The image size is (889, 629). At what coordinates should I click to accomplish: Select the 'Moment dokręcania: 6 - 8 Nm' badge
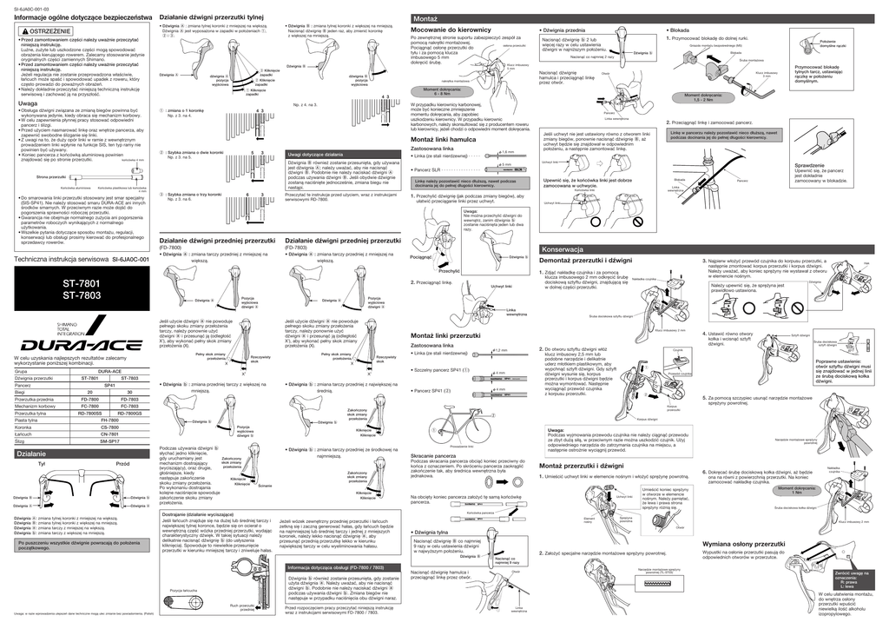pos(442,90)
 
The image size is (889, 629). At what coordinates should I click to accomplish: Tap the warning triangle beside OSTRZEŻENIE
pos(23,30)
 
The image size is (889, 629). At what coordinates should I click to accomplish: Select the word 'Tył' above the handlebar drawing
pos(41,465)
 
